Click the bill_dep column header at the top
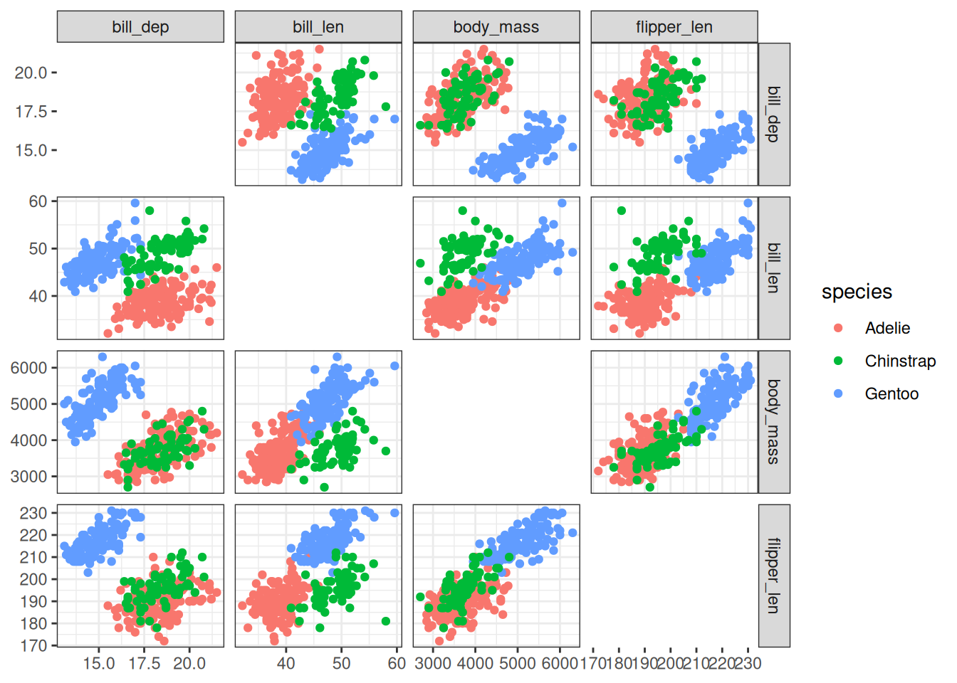[140, 27]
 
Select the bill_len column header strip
[318, 27]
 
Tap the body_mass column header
[496, 27]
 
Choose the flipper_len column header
[674, 27]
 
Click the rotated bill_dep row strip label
[774, 114]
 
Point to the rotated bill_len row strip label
[774, 268]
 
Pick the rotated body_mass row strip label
[774, 422]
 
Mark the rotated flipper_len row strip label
[774, 576]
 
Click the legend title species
[857, 292]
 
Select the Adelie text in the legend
[887, 328]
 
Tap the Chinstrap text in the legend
[900, 361]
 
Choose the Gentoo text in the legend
[891, 393]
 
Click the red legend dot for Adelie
[838, 328]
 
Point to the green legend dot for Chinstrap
[838, 361]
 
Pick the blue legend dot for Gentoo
[838, 393]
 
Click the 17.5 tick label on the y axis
[31, 112]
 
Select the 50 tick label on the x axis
[341, 663]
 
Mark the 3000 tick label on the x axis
[433, 663]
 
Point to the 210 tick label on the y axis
[33, 557]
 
